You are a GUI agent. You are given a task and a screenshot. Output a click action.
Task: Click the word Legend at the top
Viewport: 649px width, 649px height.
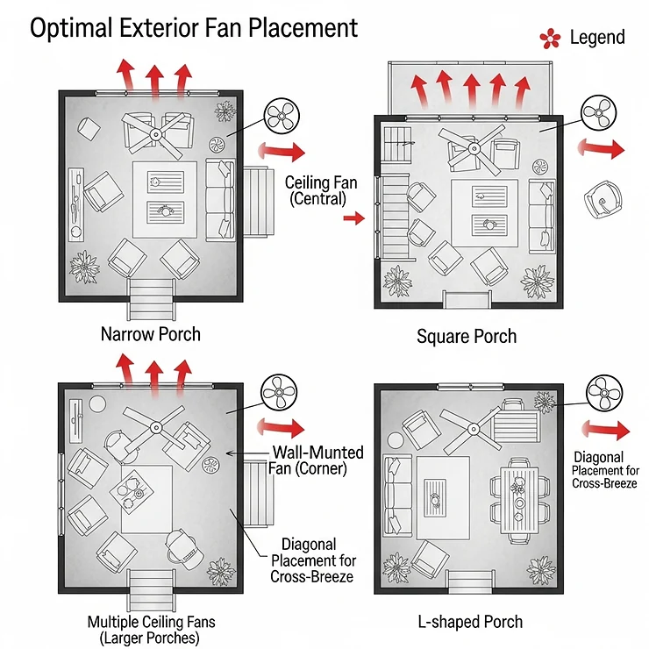coord(597,37)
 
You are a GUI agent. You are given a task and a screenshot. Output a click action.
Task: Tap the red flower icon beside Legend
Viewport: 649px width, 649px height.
coord(550,38)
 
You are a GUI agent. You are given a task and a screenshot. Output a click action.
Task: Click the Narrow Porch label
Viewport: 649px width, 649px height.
coord(150,334)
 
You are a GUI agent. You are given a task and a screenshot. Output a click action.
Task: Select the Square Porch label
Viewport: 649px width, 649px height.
coord(467,336)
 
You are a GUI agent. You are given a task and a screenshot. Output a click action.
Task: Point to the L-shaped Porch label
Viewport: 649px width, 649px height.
coord(470,622)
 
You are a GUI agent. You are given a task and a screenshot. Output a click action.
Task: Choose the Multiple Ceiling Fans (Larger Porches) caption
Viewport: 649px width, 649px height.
coord(151,630)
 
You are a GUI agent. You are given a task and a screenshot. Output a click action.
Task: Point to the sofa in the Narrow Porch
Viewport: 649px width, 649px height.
coord(220,198)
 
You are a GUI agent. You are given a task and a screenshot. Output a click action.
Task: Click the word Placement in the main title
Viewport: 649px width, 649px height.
coord(300,27)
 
